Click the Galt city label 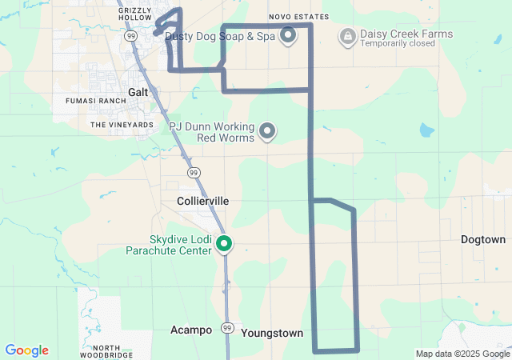(138, 92)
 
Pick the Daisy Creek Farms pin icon (348, 35)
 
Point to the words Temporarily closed (398, 43)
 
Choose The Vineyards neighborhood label (122, 125)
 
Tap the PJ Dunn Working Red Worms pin (268, 130)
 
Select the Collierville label (202, 202)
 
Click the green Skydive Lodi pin (225, 244)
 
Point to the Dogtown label (483, 239)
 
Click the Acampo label (191, 330)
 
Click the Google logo (26, 350)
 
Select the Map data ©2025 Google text (462, 354)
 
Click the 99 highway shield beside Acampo (227, 328)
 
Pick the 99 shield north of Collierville (194, 172)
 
